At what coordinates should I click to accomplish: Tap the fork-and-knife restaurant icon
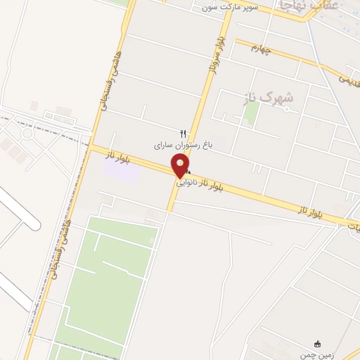[184, 134]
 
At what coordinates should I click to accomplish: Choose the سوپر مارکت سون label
[231, 7]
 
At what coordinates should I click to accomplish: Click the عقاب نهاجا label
[309, 5]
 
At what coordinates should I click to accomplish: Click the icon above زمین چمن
[317, 344]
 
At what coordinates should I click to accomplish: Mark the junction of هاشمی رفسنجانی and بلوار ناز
[91, 147]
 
